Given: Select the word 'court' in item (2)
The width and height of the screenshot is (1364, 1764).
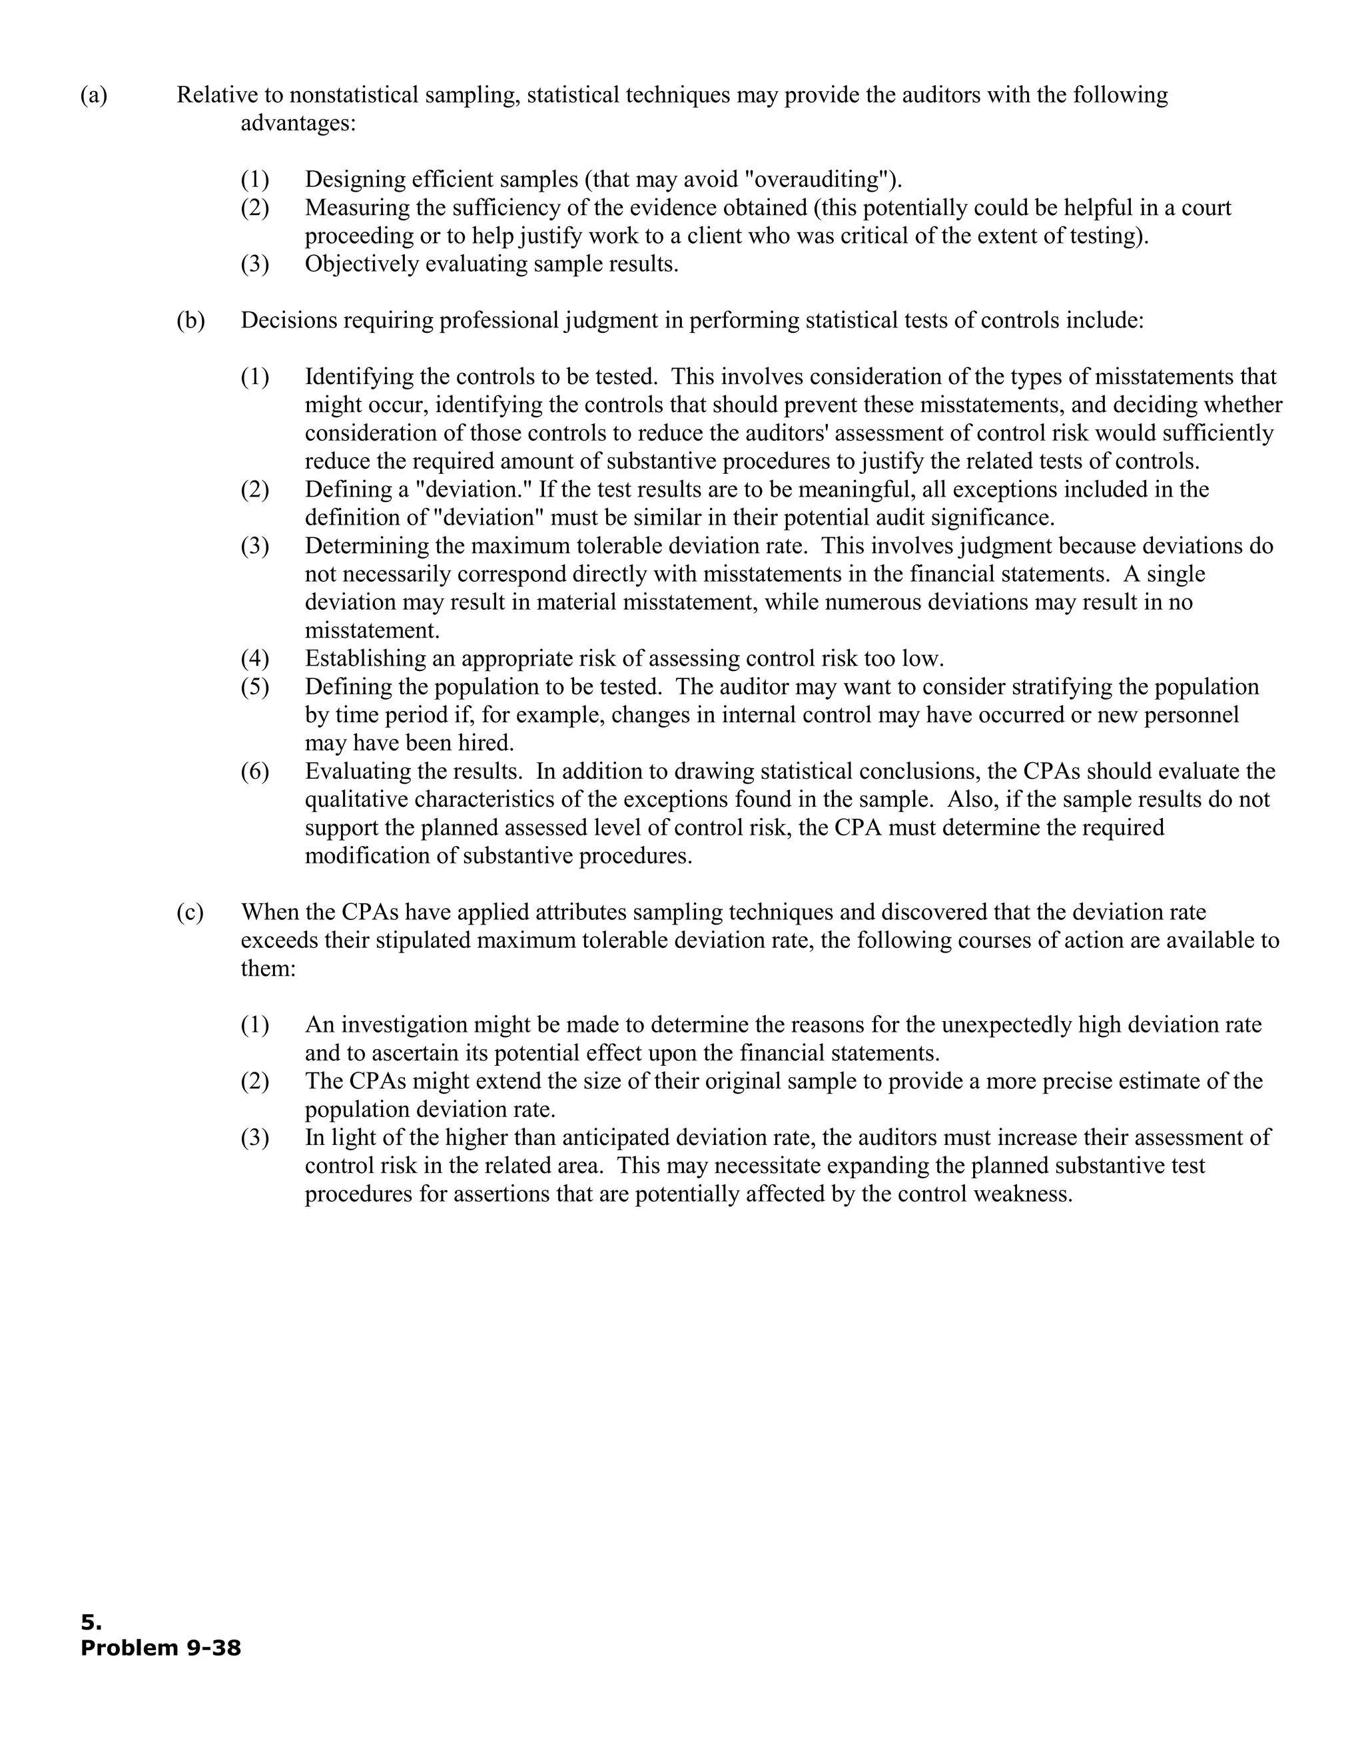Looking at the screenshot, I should (x=1206, y=208).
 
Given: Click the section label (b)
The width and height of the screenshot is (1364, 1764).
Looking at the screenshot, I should (x=190, y=321).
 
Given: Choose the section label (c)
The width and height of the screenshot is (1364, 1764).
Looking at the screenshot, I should (x=190, y=912).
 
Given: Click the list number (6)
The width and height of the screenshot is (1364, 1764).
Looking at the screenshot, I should (x=254, y=772).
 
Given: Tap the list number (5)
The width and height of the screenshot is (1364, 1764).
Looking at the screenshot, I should (x=254, y=686).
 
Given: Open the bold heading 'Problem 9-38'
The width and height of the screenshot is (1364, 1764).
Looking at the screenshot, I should (x=161, y=1647).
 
